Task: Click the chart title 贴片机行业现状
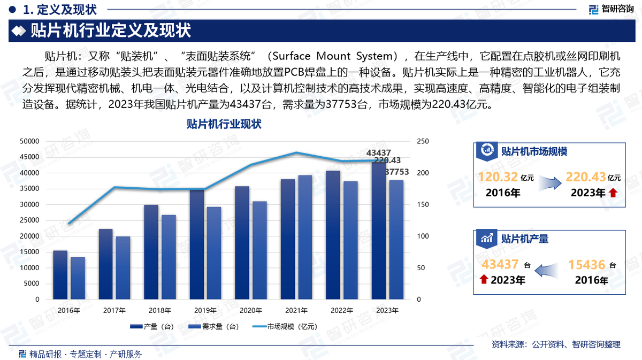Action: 224,124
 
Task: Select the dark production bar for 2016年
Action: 60,275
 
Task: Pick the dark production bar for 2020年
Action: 242,243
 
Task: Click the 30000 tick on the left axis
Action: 29,204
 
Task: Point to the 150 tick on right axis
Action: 423,204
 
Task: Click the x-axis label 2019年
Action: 205,311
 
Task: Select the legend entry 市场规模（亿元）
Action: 292,326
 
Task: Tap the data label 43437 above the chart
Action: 378,152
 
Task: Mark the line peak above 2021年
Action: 296,152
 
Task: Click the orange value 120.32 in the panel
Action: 498,177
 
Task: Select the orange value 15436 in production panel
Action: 587,264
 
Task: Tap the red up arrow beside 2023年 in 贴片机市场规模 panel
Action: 613,193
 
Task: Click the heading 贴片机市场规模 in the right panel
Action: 534,151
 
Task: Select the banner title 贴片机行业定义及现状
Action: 111,30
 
